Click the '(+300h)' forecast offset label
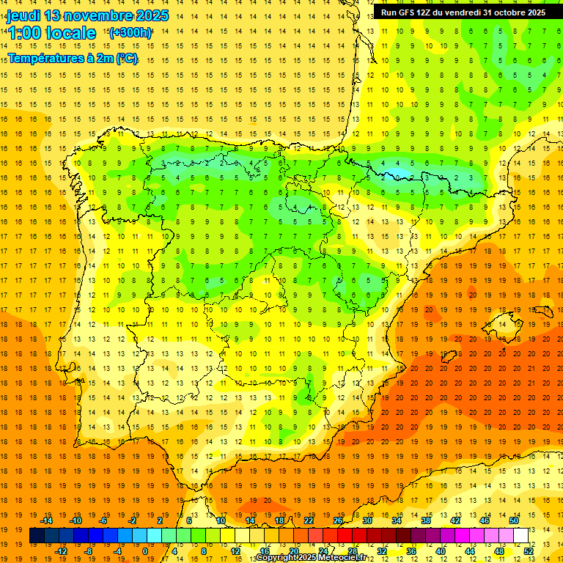click(x=130, y=32)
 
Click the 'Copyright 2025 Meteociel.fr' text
click(x=312, y=558)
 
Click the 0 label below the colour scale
click(x=146, y=551)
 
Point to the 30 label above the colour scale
click(x=367, y=520)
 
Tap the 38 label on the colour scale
click(x=426, y=520)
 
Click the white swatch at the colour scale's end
click(x=520, y=536)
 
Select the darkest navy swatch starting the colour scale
click(x=37, y=536)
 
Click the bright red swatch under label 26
click(x=345, y=536)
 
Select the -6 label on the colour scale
click(x=103, y=520)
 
